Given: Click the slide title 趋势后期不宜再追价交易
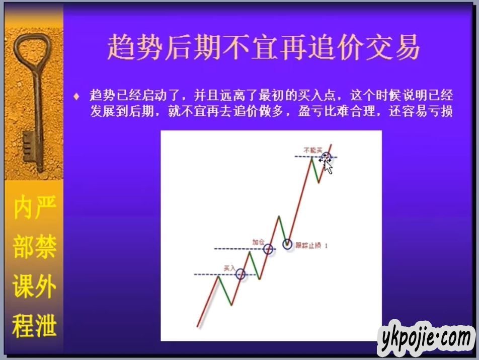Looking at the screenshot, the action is click(x=263, y=47).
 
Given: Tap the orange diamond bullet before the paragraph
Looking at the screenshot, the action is click(x=76, y=97).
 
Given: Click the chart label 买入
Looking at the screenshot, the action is click(x=229, y=268).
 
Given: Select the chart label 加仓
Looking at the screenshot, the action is click(x=258, y=242).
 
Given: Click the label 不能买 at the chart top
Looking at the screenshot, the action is click(x=313, y=150).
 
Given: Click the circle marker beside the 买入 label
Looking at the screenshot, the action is click(x=241, y=274).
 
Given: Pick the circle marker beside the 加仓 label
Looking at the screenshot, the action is click(x=268, y=249).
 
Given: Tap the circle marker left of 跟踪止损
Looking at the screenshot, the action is click(x=287, y=244).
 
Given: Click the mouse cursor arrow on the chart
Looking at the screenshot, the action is click(x=328, y=167).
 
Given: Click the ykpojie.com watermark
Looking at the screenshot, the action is click(x=426, y=338).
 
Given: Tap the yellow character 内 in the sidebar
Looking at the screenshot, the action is click(x=23, y=208).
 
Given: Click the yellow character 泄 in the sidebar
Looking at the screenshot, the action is click(x=45, y=326).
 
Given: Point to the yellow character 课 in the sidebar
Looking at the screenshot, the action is click(x=23, y=286).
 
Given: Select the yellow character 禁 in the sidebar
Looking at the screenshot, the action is click(x=45, y=247).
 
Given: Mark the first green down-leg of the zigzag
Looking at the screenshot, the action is click(x=224, y=291).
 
